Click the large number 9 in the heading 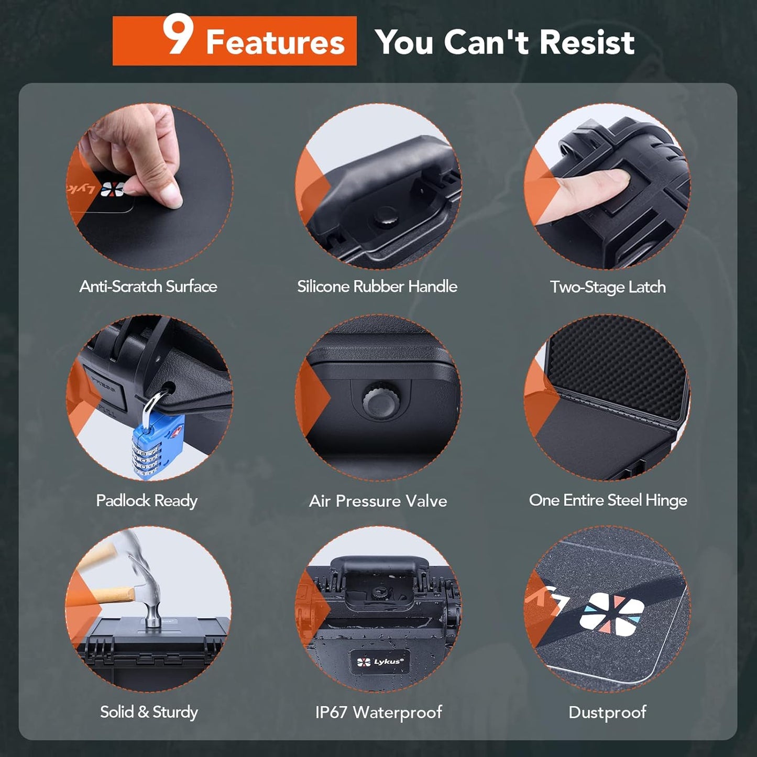coord(178,35)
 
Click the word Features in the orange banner coord(275,42)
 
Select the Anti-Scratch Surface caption coord(148,287)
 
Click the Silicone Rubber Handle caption coord(377,287)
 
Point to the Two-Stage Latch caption coord(608,287)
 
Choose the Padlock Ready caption coord(147,501)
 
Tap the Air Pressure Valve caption coord(378,501)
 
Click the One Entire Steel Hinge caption coord(608,500)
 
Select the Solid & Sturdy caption coord(149,712)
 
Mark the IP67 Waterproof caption coord(378,712)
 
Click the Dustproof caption coord(607,712)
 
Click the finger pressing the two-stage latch coord(587,194)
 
